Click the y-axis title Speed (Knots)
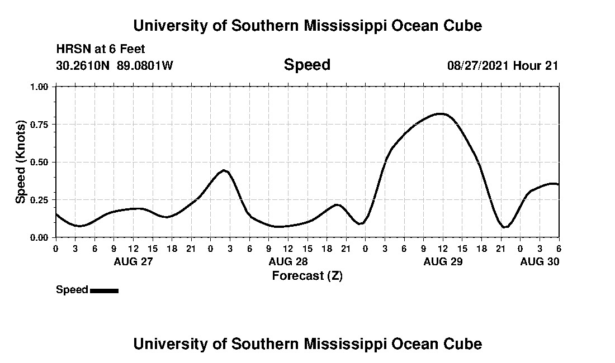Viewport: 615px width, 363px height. (21, 162)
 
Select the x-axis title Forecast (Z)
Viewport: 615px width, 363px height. (307, 275)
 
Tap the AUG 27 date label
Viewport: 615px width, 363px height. (133, 261)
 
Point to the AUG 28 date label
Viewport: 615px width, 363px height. (288, 261)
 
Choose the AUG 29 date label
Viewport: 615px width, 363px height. (443, 261)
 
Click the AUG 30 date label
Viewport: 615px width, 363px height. (540, 261)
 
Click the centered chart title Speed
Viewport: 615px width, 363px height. (307, 65)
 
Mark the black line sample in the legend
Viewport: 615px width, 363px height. (104, 290)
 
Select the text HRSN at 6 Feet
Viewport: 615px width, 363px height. (101, 49)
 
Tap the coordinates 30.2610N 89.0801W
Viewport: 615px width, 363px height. (115, 66)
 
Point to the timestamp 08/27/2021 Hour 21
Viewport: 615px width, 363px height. (503, 66)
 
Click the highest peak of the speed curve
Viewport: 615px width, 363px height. (442, 114)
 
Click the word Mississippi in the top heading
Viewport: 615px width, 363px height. (341, 26)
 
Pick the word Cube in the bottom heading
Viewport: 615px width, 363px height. (465, 343)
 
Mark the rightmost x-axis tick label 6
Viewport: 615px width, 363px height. (558, 248)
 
